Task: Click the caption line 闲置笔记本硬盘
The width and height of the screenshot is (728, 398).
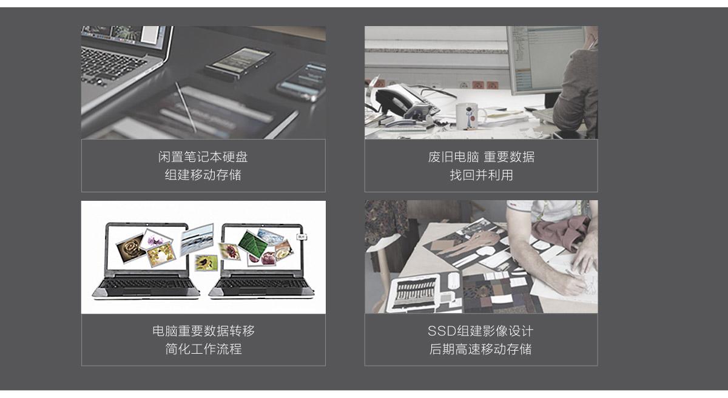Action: point(203,157)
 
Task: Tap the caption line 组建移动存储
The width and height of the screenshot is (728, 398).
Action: point(203,175)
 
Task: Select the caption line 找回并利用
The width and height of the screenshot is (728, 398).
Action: point(481,175)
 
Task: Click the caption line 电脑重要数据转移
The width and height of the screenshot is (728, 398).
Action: point(203,331)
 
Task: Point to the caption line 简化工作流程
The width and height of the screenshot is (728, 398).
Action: point(203,349)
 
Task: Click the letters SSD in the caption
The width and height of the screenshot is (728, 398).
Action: point(442,331)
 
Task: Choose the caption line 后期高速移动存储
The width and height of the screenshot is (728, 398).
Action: point(480,349)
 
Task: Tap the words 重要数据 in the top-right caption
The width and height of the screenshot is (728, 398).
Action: point(509,157)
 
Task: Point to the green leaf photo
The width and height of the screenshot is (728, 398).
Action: point(252,244)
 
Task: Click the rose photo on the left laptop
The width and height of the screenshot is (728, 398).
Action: point(130,248)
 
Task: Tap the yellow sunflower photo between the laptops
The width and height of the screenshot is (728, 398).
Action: point(206,263)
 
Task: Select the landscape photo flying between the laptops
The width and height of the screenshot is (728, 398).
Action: point(197,240)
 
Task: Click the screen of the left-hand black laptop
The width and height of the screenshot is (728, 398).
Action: point(147,248)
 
